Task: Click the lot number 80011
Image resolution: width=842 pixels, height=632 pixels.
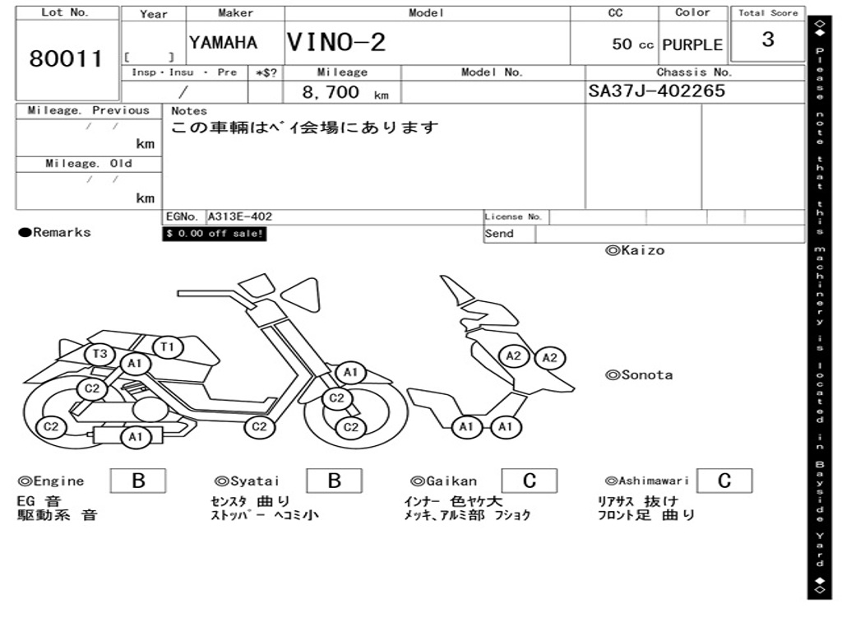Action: pos(66,58)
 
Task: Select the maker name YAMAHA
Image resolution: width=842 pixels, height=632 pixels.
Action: pos(223,43)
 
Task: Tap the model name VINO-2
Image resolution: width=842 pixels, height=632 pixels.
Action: pos(336,42)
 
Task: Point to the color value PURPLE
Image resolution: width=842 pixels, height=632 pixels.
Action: pos(692,44)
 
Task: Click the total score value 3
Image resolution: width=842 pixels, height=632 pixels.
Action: pos(768,39)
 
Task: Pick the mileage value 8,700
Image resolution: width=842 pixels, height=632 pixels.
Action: pos(331,92)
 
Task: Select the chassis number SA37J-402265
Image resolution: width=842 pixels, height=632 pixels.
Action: pos(656,91)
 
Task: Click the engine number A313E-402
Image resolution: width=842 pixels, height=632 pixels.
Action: pos(240,216)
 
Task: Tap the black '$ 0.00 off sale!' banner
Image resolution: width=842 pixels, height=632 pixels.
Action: pos(215,234)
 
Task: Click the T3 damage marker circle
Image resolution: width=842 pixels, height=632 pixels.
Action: pos(99,354)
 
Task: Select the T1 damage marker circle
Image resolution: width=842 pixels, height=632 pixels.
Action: pos(168,347)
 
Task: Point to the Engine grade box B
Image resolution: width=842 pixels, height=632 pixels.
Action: pos(138,481)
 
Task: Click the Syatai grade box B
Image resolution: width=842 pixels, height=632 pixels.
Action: pos(334,481)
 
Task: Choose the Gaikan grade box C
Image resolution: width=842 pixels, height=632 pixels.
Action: pos(530,481)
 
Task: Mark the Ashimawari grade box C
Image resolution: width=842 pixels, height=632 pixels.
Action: pos(724,481)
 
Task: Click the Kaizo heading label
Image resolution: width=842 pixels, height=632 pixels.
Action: pos(635,250)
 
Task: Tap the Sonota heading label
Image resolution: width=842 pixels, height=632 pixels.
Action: pos(639,375)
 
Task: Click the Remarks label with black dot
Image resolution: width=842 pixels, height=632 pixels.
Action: pos(55,233)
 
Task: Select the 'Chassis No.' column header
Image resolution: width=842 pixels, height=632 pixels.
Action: pos(694,72)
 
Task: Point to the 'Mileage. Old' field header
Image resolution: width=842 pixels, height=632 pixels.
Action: pos(89,164)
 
